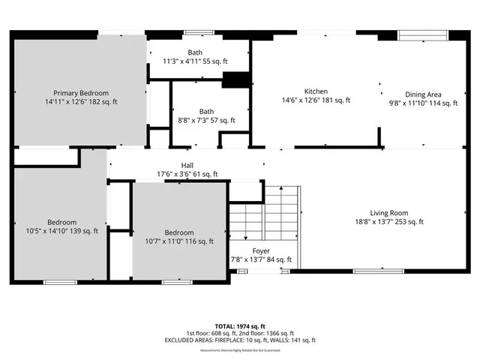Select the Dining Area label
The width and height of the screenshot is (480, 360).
pyautogui.click(x=423, y=94)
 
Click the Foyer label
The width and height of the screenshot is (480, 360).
pyautogui.click(x=261, y=251)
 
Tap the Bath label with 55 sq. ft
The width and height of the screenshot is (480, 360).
pyautogui.click(x=195, y=52)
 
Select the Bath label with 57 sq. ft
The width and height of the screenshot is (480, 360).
pyautogui.click(x=206, y=111)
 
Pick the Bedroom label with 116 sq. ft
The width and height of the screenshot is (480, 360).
pyautogui.click(x=179, y=232)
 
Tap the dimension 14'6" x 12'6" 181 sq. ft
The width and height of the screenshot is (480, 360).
pyautogui.click(x=316, y=100)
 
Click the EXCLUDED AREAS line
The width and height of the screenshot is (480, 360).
pyautogui.click(x=240, y=340)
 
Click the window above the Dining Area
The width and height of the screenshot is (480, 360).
pyautogui.click(x=423, y=34)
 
